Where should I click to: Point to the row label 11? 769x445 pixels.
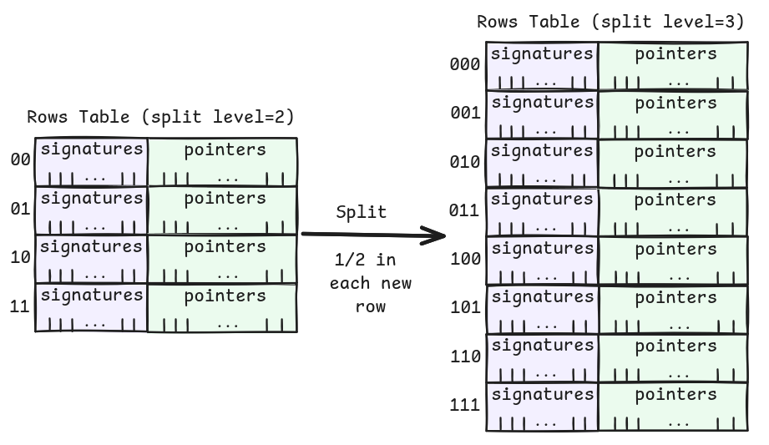(20, 306)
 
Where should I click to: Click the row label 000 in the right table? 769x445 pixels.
(464, 64)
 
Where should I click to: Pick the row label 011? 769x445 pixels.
(464, 210)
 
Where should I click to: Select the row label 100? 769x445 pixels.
(464, 259)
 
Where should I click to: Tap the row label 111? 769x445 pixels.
(464, 405)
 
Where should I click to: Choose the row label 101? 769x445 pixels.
(464, 307)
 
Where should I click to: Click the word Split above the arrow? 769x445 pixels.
(361, 212)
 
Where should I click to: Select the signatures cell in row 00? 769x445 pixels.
(91, 162)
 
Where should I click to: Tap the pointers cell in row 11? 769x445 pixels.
(222, 308)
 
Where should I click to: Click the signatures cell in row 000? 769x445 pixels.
(542, 66)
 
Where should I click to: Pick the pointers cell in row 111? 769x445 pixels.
(674, 407)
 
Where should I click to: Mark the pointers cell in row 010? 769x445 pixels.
(674, 164)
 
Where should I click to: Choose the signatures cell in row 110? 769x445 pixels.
(542, 357)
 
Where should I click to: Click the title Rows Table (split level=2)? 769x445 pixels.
(160, 117)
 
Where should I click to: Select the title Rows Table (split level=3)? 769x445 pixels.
(610, 23)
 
